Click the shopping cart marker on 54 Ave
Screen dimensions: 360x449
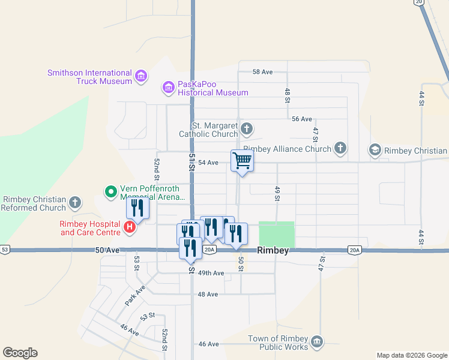(x=242, y=161)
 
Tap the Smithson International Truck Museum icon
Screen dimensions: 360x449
(x=142, y=76)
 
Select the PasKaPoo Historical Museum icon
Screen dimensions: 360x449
(x=169, y=88)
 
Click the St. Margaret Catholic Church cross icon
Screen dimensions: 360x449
(x=246, y=129)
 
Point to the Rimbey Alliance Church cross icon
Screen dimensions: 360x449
(x=340, y=148)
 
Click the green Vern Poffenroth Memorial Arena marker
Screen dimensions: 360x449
(x=110, y=192)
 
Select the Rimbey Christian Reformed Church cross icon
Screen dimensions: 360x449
(x=75, y=203)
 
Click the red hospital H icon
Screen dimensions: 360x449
(x=128, y=227)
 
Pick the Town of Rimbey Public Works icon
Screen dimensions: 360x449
(x=317, y=342)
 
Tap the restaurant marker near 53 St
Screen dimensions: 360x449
(x=137, y=208)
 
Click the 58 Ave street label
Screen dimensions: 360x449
(x=262, y=72)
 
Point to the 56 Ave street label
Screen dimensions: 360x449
(x=302, y=119)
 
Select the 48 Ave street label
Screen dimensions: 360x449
(x=208, y=295)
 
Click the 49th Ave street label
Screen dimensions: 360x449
(x=211, y=273)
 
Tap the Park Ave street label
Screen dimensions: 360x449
(x=136, y=296)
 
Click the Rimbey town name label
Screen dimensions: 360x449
(x=273, y=251)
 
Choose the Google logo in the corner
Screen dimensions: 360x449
(x=20, y=353)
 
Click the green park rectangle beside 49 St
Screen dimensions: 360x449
(x=277, y=234)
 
